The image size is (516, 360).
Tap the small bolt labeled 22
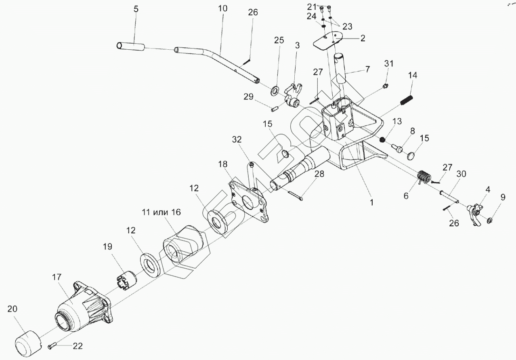52,345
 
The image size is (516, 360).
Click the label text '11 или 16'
161,212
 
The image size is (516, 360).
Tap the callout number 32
237,140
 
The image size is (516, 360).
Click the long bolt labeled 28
296,194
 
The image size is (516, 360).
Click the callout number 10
223,8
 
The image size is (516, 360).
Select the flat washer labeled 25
275,89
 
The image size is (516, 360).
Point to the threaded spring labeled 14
407,101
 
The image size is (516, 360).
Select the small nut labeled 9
489,220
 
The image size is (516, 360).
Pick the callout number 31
388,63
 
